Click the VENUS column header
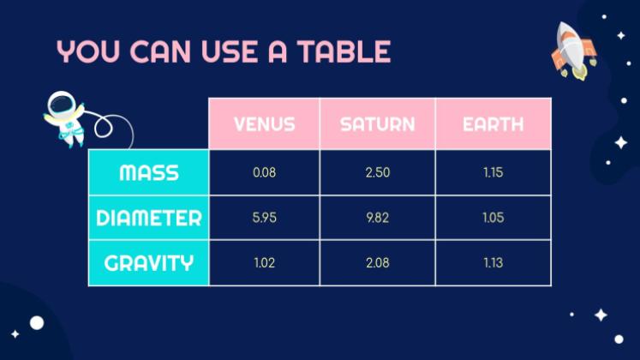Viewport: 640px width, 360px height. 264,124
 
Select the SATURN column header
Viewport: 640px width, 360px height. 378,124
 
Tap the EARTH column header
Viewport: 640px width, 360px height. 493,124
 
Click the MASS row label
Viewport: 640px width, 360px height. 149,172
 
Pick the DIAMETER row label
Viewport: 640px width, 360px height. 149,218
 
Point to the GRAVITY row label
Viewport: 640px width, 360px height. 149,263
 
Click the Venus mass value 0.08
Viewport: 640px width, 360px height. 264,172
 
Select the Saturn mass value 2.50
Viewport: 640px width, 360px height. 378,172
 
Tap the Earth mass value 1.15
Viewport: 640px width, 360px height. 493,172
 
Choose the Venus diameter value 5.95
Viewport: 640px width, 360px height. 264,218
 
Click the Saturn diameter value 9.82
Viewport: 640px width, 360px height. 378,218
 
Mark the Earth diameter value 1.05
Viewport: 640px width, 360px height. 493,218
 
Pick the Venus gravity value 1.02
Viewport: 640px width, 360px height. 264,262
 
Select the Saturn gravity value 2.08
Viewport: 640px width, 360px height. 378,262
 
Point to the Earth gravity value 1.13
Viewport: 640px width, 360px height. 493,262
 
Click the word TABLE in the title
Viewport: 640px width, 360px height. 344,51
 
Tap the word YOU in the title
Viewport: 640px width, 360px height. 88,51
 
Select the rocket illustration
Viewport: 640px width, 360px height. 574,51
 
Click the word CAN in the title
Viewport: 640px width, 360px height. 160,51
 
